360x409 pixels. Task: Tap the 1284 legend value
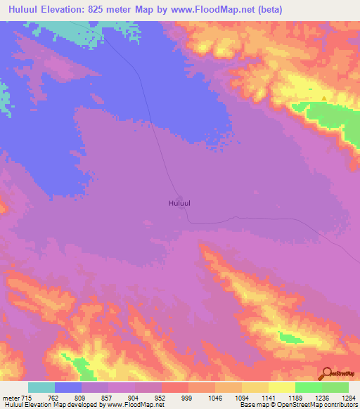click(349, 396)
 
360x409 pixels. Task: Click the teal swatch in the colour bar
click(41, 387)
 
